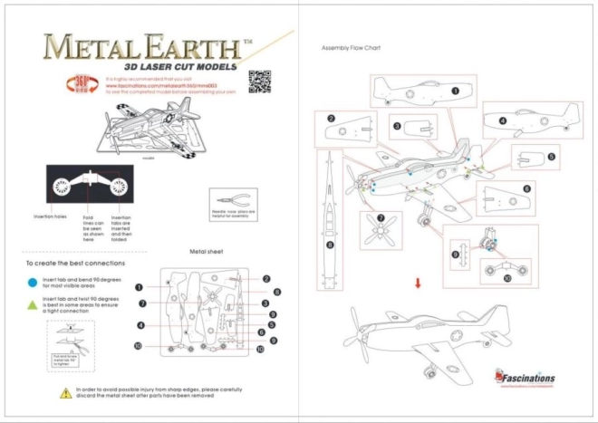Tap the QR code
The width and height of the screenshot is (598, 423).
coord(260,79)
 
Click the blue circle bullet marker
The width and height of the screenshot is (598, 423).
coord(34,281)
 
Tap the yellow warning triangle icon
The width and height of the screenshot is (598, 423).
coord(65,393)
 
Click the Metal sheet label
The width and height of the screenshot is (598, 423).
coord(207,252)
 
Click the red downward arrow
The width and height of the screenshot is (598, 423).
coord(418,284)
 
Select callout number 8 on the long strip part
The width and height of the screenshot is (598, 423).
coord(330,245)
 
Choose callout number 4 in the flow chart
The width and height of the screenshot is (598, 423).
coord(502,120)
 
